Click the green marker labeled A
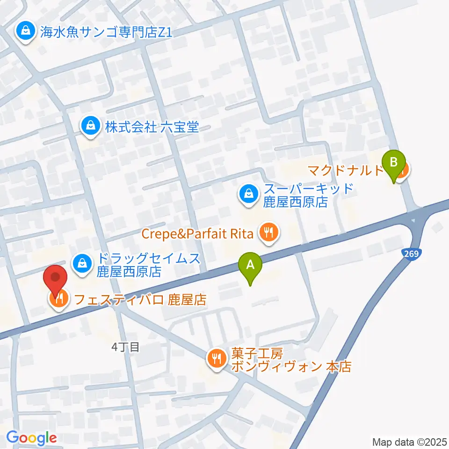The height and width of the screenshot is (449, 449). (x=250, y=267)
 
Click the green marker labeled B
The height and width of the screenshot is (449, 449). (x=394, y=164)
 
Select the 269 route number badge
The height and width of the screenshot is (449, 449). (x=412, y=253)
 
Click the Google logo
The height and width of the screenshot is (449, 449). (x=32, y=438)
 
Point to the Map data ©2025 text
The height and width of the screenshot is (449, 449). (x=409, y=441)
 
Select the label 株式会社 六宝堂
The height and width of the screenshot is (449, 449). (x=152, y=127)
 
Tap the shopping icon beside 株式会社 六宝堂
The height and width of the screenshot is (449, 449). (x=89, y=126)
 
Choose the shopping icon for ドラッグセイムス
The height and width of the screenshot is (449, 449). (x=82, y=263)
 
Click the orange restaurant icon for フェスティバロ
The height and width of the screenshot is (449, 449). (x=59, y=299)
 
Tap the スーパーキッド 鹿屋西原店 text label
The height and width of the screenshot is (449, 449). (x=308, y=196)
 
